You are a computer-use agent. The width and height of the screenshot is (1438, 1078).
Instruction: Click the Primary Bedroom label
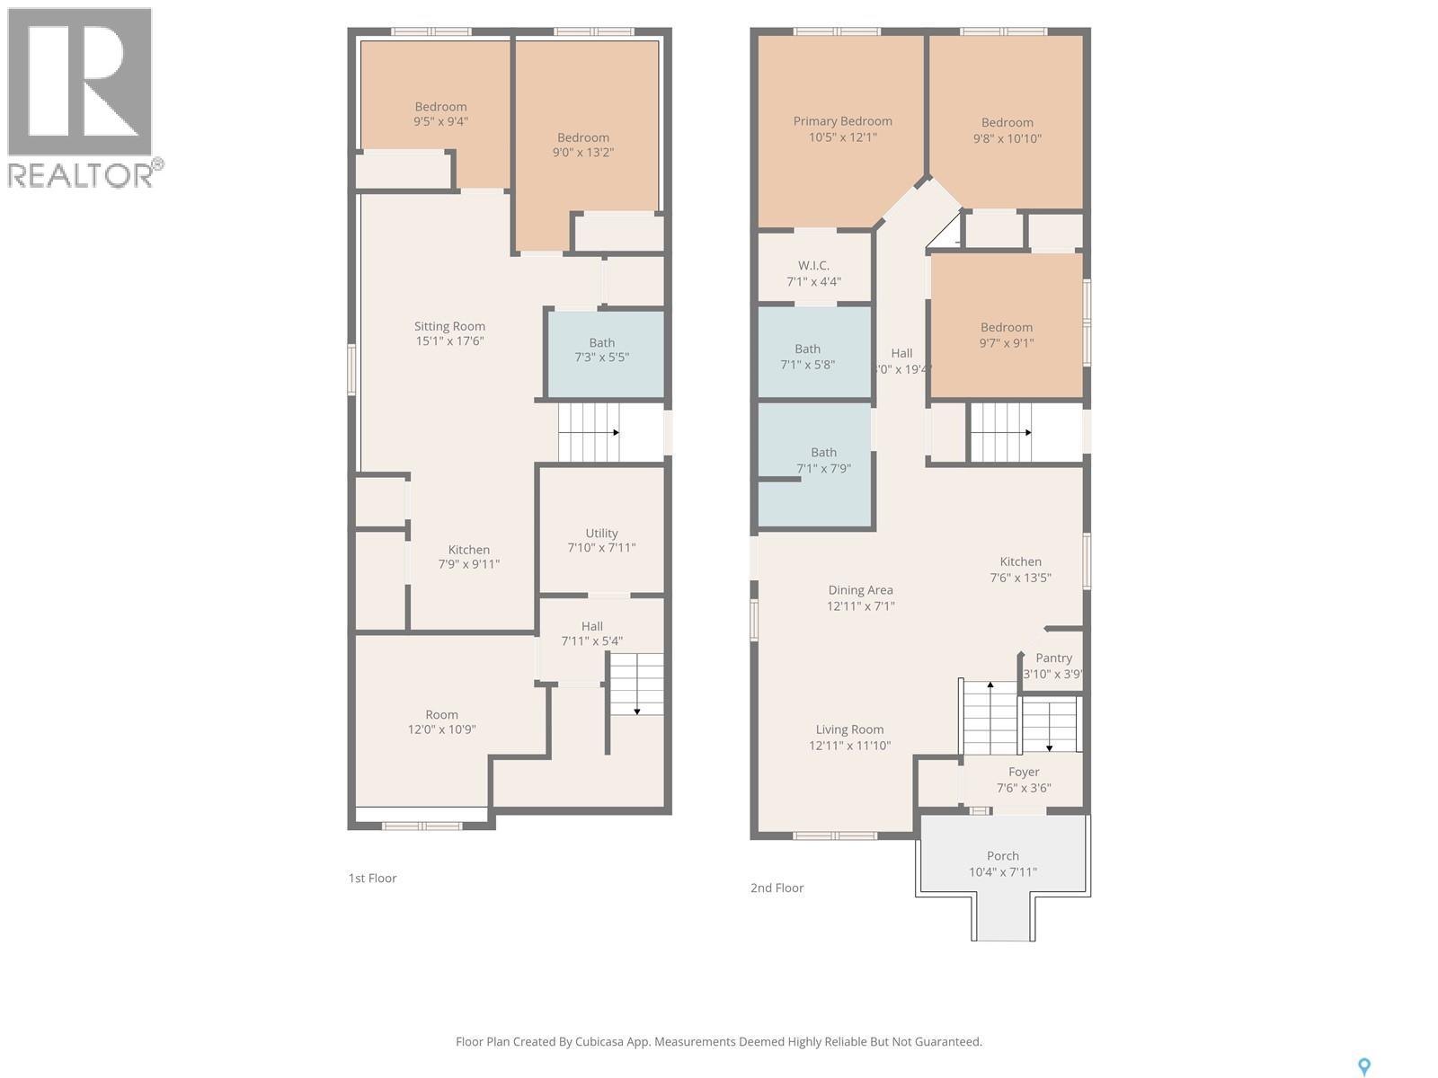click(842, 121)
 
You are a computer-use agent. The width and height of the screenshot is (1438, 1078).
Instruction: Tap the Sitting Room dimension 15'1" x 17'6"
click(448, 341)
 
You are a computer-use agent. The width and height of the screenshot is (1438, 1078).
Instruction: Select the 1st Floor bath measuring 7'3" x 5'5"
click(601, 350)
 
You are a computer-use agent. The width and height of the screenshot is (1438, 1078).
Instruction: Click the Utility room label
click(601, 533)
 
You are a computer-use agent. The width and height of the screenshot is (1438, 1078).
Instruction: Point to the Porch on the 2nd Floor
click(1002, 863)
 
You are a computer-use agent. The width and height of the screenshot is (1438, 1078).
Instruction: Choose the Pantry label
click(1053, 658)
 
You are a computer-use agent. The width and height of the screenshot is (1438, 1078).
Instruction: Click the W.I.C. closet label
click(813, 266)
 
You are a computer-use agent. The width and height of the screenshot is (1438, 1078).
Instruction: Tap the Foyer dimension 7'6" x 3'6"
click(1024, 789)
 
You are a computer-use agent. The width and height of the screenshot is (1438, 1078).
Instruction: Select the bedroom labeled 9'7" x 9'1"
click(1006, 334)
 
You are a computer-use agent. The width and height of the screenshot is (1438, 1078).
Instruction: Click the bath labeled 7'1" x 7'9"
click(823, 460)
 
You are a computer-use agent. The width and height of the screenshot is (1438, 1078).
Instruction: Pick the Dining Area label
click(860, 590)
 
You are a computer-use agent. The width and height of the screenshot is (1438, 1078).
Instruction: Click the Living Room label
click(849, 729)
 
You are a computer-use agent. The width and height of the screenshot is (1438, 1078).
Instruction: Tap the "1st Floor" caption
click(372, 879)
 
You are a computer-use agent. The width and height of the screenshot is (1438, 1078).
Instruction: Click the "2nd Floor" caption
click(777, 888)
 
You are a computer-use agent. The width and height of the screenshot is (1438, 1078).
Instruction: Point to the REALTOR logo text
click(81, 173)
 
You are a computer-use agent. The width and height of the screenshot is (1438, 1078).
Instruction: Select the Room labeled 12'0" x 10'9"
click(441, 722)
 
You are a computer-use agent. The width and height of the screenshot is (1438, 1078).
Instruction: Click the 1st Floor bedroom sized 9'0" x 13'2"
click(582, 145)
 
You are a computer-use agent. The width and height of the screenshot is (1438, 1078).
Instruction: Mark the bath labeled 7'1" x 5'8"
click(807, 357)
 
